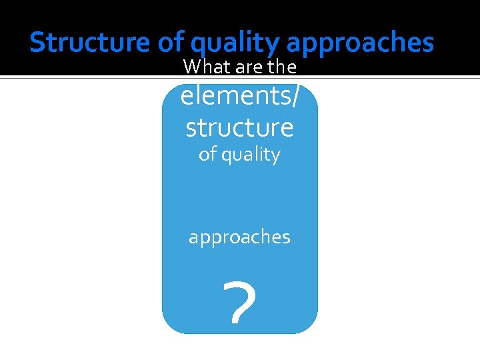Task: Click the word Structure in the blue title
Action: point(91,43)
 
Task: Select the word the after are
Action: point(282,67)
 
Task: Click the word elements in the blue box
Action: point(235,97)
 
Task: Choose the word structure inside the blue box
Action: point(239,127)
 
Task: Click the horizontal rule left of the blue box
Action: point(80,78)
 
